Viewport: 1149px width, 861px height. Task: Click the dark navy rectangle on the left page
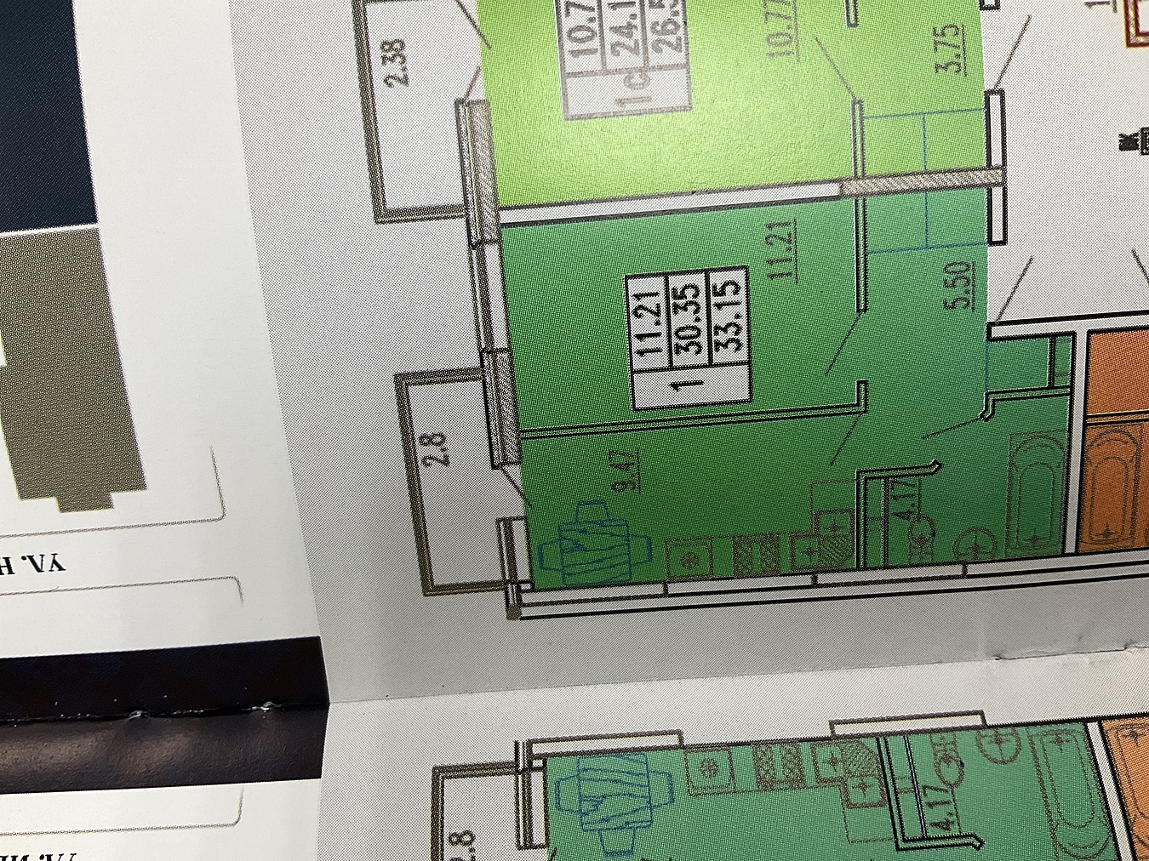(x=43, y=111)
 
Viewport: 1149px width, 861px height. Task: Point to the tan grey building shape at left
(x=68, y=366)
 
